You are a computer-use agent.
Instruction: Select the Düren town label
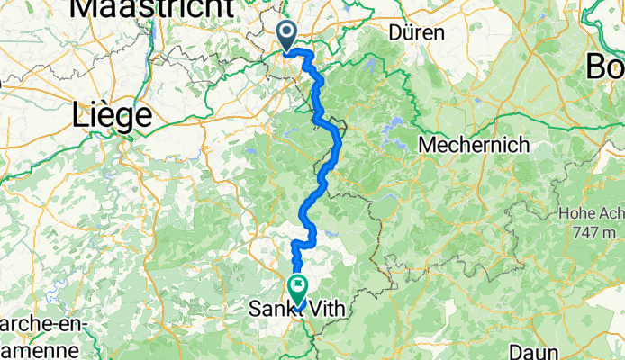click(x=417, y=32)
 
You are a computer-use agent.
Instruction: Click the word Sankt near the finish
click(x=268, y=309)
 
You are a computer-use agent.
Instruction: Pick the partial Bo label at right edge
click(x=605, y=66)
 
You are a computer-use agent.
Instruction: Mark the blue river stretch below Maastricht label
click(x=149, y=45)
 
